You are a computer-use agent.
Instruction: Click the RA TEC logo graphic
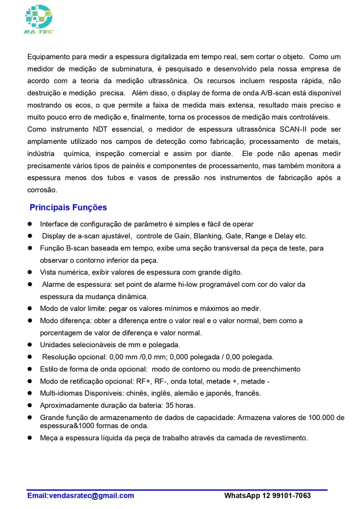tap(39, 18)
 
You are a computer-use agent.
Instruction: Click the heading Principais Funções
tap(68, 207)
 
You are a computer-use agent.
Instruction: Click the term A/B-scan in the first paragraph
tap(275, 93)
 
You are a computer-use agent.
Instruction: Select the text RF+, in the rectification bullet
tap(144, 381)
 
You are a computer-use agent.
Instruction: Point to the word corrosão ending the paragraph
tap(42, 190)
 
